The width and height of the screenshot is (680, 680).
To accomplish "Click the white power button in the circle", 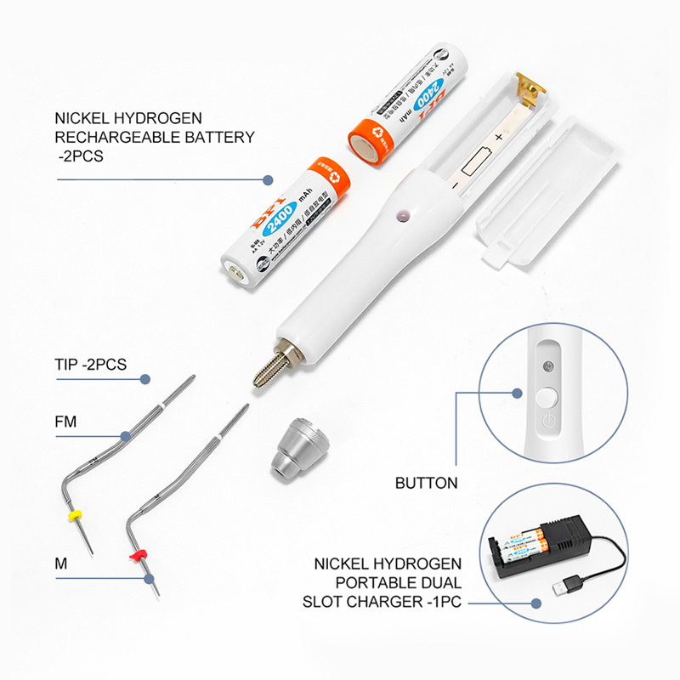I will pyautogui.click(x=547, y=396).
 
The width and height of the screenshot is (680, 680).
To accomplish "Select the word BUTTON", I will pyautogui.click(x=427, y=483).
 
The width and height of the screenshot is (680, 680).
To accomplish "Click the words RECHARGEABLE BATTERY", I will pyautogui.click(x=154, y=137).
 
